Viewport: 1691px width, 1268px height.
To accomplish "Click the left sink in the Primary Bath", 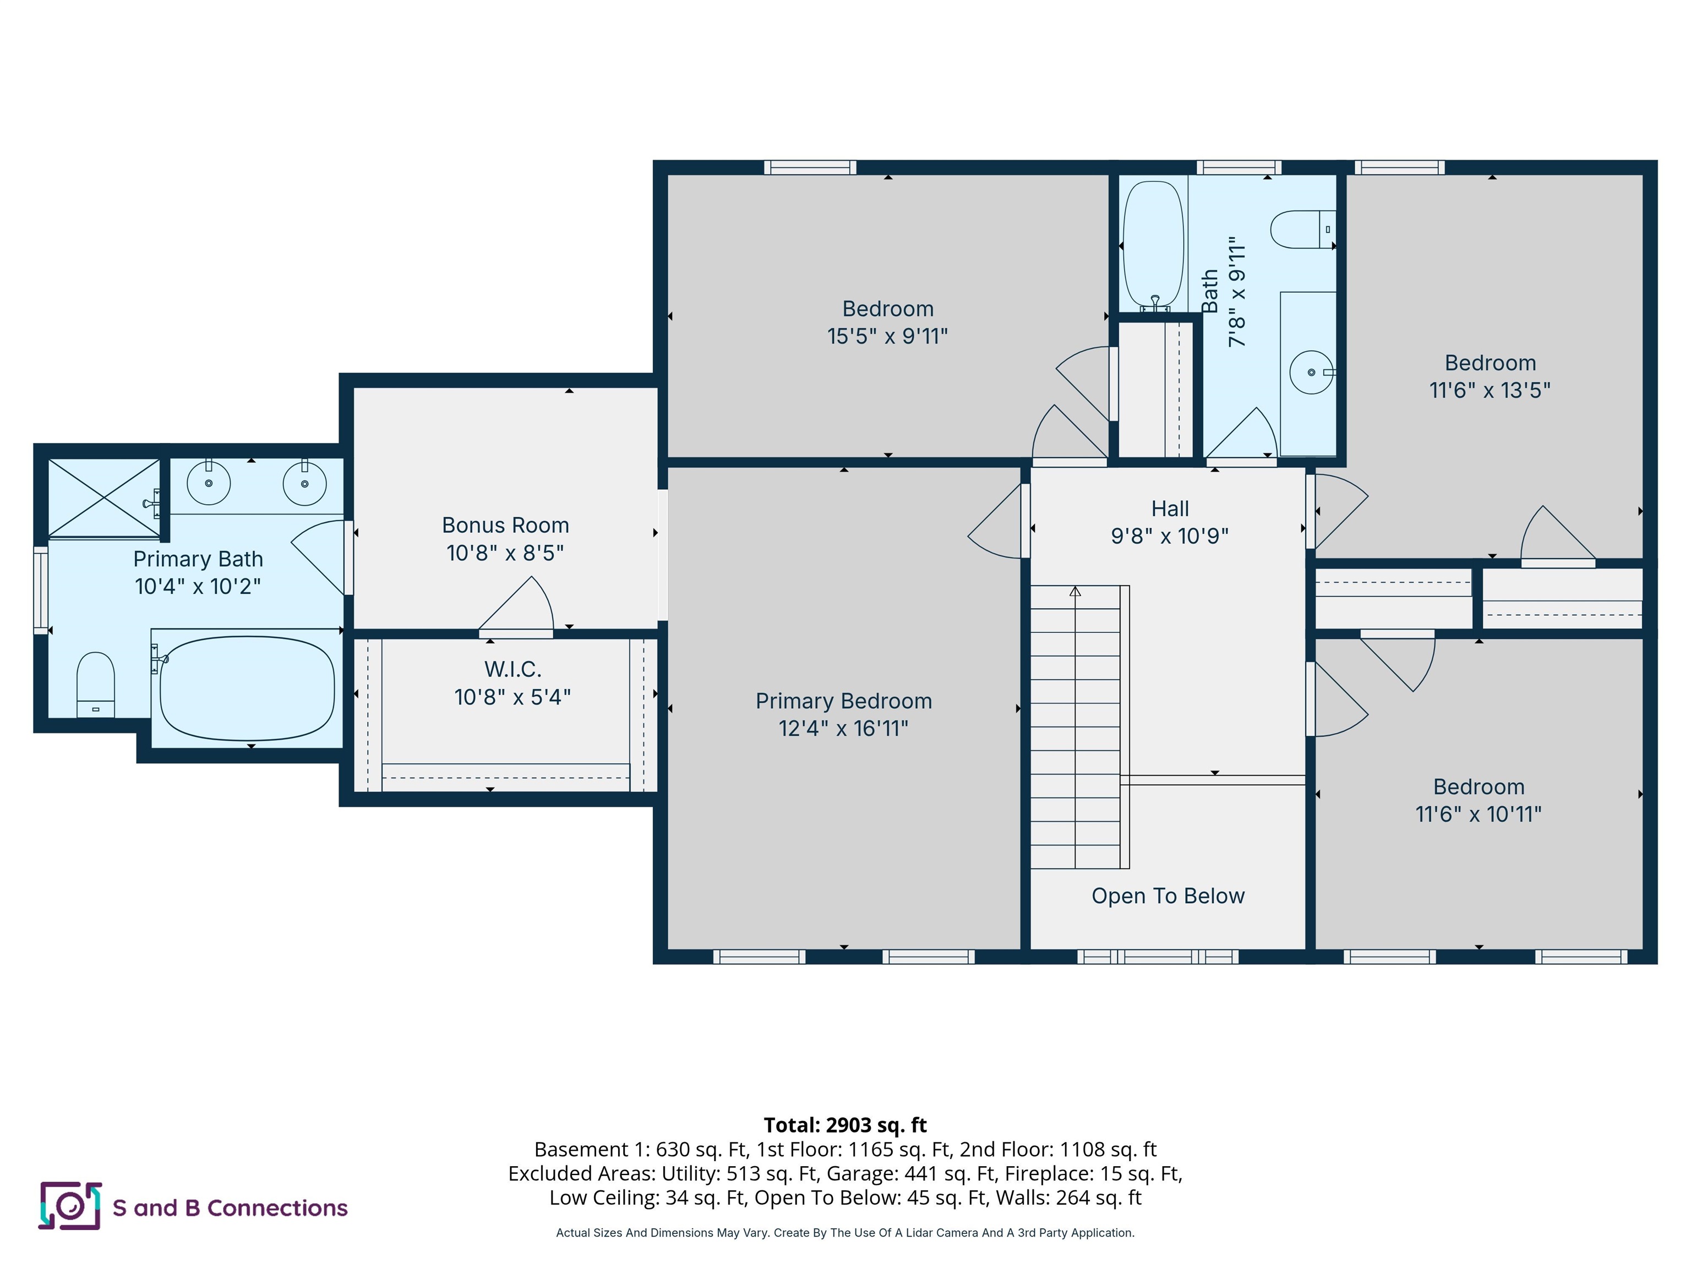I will click(209, 483).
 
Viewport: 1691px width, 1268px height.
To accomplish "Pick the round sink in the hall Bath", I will click(1311, 372).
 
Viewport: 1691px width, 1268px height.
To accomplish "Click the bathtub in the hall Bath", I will click(1153, 243).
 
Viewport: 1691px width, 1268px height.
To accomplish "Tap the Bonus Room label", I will click(505, 525).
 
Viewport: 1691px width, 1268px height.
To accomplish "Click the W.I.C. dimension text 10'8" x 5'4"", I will click(512, 697).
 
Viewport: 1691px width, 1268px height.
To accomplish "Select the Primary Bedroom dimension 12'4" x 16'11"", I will click(843, 729).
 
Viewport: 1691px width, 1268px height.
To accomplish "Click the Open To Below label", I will click(1168, 896).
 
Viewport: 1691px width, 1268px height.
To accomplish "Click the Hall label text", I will click(1170, 509).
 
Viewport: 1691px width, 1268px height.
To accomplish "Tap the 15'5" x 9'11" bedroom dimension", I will click(887, 336).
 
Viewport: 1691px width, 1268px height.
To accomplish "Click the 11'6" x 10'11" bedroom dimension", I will click(1478, 815).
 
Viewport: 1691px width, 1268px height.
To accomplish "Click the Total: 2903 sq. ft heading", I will click(845, 1125).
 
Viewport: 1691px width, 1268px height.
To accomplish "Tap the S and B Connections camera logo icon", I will click(69, 1206).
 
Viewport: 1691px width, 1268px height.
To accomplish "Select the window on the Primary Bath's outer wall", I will click(41, 589).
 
